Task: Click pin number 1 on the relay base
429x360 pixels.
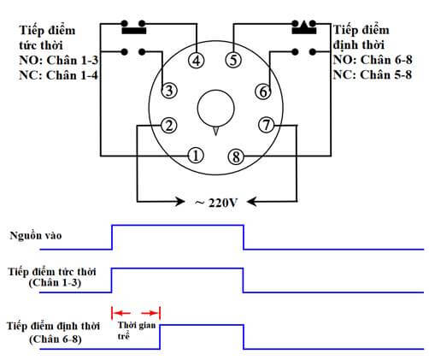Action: click(196, 156)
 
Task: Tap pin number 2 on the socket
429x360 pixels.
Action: click(169, 127)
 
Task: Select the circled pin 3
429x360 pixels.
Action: click(169, 91)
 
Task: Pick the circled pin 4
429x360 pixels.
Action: click(196, 61)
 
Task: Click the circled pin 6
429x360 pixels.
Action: click(263, 91)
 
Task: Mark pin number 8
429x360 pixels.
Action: click(235, 156)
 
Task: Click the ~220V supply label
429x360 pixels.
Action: click(215, 203)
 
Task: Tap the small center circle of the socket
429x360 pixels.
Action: click(215, 108)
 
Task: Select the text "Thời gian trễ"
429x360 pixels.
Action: click(138, 331)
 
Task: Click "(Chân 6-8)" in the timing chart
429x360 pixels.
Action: click(54, 339)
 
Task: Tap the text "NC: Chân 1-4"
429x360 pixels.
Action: click(58, 74)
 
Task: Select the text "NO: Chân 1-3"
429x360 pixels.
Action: click(58, 60)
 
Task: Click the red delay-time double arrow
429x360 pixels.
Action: click(137, 313)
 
